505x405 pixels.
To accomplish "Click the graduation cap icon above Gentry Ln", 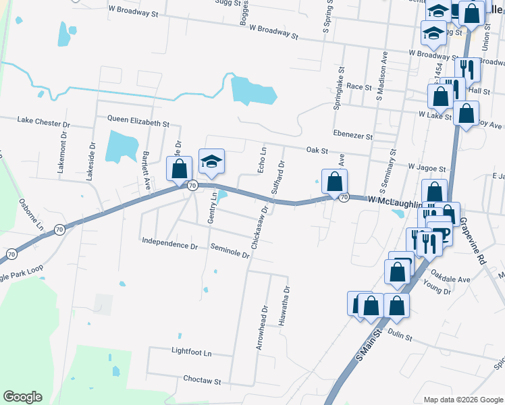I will point(211,163).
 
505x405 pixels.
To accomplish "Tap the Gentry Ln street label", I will point(212,208).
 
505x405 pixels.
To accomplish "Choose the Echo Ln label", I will point(263,160).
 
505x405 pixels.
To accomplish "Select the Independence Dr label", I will point(169,242).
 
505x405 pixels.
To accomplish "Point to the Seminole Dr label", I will point(230,250).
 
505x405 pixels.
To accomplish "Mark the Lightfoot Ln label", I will point(192,352).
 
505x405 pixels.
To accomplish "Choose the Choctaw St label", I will point(203,381).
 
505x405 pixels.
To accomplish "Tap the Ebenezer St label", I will point(352,135).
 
